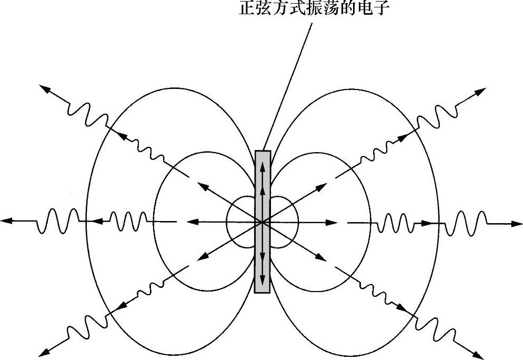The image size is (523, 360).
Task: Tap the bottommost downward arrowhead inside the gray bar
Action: (263, 278)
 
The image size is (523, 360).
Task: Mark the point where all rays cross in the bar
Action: (263, 223)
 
